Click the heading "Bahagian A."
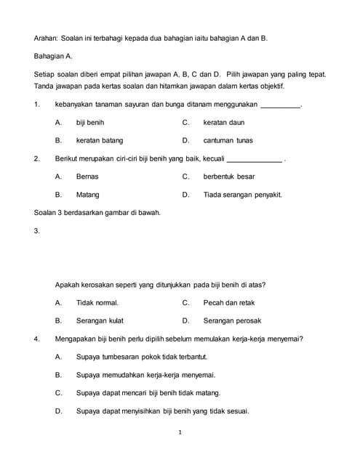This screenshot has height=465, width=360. point(58,55)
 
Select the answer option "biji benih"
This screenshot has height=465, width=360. point(90,123)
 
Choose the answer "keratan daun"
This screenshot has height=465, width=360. point(223,123)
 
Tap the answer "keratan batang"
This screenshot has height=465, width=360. point(100,140)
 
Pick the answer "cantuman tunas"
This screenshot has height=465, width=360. point(228,140)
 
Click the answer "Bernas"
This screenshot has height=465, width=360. point(87,177)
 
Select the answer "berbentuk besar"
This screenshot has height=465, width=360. point(229,177)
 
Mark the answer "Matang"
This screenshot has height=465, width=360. point(88,195)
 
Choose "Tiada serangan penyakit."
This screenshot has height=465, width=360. point(242,195)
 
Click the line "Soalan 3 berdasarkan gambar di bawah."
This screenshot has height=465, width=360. point(97,213)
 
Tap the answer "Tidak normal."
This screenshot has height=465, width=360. point(97,302)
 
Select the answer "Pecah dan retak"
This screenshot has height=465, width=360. point(229,302)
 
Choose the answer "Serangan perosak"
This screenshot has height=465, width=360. point(232,320)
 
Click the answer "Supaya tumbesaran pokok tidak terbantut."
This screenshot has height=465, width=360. point(147,357)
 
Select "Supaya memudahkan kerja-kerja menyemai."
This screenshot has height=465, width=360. point(145,375)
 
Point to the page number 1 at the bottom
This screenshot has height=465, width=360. point(180,433)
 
